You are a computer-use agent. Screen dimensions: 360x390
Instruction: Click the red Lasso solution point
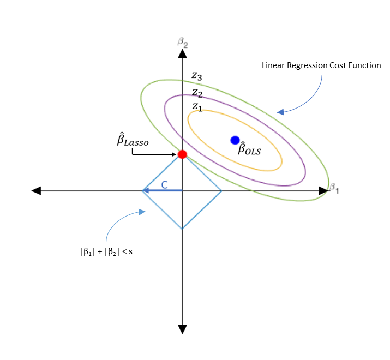click(x=182, y=154)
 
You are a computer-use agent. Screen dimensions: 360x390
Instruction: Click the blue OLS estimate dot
click(x=235, y=140)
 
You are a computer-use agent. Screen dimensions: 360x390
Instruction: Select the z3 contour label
click(x=196, y=76)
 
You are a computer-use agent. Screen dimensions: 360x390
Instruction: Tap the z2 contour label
click(x=197, y=92)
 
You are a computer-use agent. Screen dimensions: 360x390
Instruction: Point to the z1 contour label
click(x=197, y=107)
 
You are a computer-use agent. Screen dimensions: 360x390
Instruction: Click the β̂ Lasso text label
click(x=132, y=141)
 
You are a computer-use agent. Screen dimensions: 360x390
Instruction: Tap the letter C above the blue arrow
click(x=164, y=184)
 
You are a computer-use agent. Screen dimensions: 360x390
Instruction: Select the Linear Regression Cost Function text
click(x=319, y=65)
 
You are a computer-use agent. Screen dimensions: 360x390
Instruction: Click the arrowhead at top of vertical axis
click(x=182, y=53)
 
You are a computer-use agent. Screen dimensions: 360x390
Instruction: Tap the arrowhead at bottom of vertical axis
click(x=182, y=329)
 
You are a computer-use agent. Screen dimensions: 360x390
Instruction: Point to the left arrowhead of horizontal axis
click(x=37, y=190)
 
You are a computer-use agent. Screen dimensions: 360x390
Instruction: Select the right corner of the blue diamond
click(x=221, y=191)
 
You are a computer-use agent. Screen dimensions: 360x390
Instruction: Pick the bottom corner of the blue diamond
click(x=182, y=229)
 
